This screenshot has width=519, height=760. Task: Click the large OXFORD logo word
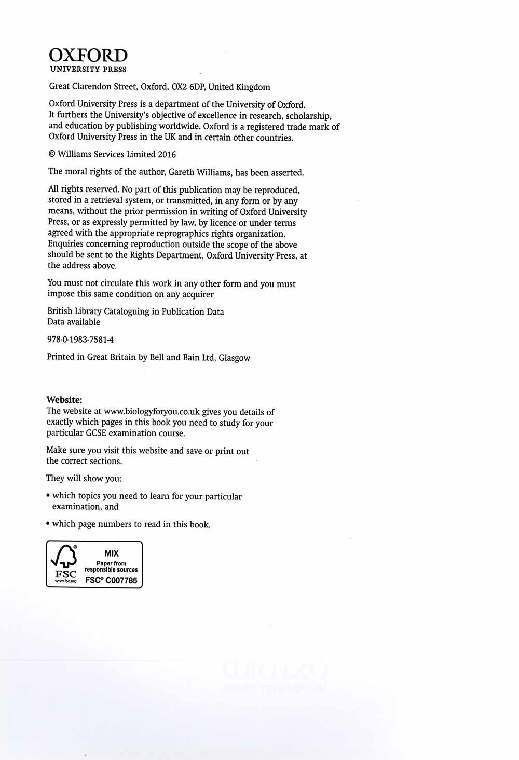(88, 56)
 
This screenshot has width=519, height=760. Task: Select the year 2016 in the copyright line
(167, 154)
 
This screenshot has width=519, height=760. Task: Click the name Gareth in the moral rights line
(182, 172)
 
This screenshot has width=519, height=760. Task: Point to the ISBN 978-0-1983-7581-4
(80, 340)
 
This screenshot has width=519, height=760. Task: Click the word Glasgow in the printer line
(234, 358)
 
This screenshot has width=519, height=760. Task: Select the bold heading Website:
(64, 400)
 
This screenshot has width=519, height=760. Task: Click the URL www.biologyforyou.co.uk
(152, 412)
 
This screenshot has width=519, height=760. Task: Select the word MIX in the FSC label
(112, 553)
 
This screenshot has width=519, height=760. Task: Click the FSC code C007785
(121, 580)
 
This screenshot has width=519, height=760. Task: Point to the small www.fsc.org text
(65, 581)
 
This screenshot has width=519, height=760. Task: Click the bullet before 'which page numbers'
(48, 524)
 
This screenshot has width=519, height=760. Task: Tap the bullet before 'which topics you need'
(48, 496)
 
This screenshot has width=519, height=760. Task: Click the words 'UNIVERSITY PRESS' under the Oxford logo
(88, 70)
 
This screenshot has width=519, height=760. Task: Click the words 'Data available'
(74, 322)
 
